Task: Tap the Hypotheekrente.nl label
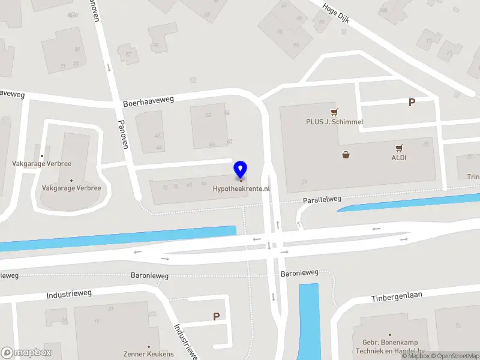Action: click(x=241, y=188)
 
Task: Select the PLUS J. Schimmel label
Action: click(x=334, y=122)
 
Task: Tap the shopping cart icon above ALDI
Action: click(x=399, y=148)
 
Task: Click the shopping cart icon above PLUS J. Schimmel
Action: click(x=334, y=112)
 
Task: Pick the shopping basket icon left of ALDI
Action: click(x=346, y=155)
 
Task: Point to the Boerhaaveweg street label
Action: click(x=148, y=101)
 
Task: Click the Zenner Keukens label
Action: click(x=148, y=354)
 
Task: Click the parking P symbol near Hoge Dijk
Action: click(x=412, y=103)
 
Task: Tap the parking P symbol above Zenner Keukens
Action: click(x=216, y=316)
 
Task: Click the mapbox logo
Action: click(x=26, y=353)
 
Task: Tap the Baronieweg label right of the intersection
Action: click(x=299, y=273)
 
